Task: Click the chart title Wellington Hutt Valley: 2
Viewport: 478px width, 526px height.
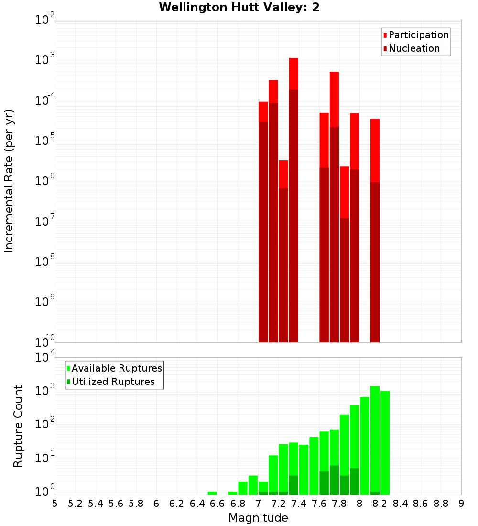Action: [239, 7]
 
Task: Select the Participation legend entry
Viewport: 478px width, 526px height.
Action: [418, 35]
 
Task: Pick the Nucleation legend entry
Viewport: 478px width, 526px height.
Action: [413, 49]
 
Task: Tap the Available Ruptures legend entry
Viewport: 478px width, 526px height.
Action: [116, 368]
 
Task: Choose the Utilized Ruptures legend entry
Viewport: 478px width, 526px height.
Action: [113, 382]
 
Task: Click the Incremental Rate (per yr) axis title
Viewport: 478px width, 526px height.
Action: [9, 181]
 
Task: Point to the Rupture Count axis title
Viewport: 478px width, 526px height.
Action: [18, 426]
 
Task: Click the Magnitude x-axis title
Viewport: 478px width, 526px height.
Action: [258, 518]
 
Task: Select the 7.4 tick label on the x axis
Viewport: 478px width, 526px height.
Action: [299, 504]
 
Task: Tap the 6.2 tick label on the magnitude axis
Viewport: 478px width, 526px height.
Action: [177, 504]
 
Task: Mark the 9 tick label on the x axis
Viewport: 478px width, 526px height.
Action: [461, 504]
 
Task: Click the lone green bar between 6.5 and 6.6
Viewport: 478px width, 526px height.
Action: [212, 493]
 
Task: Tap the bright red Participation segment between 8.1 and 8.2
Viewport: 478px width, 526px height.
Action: [375, 150]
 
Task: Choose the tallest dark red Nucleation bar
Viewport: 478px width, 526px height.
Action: [293, 215]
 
